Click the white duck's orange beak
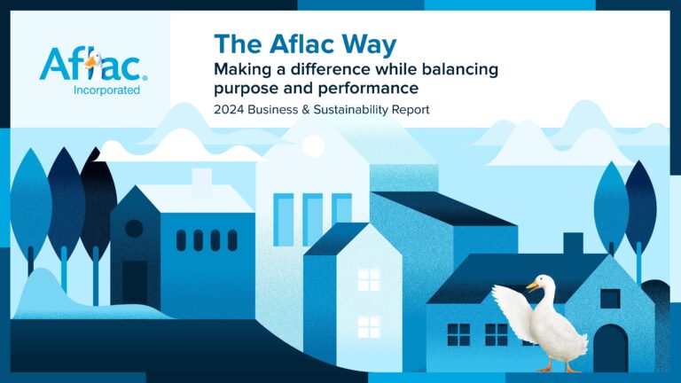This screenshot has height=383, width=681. coord(532,286)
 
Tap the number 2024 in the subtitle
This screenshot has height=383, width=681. coord(233,111)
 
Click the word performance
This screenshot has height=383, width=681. coord(363,88)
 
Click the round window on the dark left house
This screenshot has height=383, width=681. coord(134,228)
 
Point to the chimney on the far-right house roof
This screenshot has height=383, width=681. coord(573,243)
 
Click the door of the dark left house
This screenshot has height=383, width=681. coord(135,282)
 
